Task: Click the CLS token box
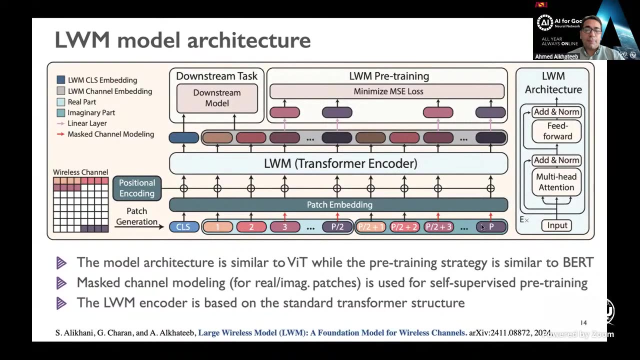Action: tap(183, 227)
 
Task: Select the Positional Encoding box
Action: tap(136, 188)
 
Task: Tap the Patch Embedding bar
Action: tap(339, 204)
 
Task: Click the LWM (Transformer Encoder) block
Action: tap(339, 163)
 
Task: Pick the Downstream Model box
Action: tap(217, 98)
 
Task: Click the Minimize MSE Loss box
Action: tap(387, 91)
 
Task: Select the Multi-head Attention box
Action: tap(556, 182)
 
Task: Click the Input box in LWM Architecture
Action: tap(556, 225)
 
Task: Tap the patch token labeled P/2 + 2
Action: tap(404, 227)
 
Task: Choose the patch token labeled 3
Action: tap(284, 227)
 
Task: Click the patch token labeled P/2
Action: tap(337, 227)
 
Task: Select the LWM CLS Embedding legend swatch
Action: tap(61, 80)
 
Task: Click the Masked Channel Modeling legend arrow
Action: tap(60, 134)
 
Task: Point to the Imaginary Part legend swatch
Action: tap(61, 113)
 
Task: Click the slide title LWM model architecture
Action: tap(182, 40)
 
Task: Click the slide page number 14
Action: tap(583, 323)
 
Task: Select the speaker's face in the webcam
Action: tap(591, 31)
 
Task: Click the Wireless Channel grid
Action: tap(81, 204)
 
